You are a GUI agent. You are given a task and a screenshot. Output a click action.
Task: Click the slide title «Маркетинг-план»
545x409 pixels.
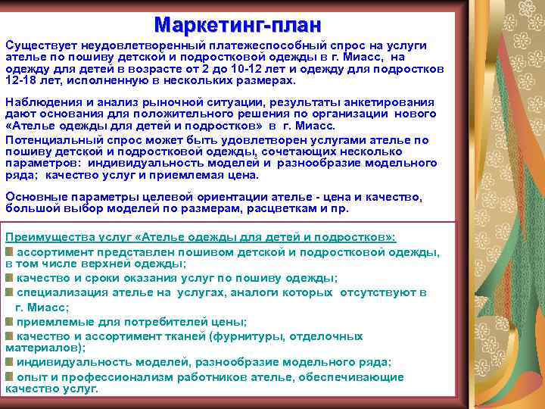pos(237,24)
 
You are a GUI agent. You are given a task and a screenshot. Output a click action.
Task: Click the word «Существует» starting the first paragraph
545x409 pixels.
pos(38,46)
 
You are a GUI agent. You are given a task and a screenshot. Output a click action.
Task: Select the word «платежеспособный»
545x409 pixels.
pos(249,46)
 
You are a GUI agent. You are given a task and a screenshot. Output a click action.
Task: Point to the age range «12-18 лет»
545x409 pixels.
pos(31,80)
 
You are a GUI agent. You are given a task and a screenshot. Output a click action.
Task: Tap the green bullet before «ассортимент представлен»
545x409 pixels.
pos(9,251)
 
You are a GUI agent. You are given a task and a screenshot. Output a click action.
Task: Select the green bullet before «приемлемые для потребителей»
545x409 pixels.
pos(9,321)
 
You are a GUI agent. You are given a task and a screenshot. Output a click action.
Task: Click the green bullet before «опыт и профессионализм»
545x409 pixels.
pos(9,376)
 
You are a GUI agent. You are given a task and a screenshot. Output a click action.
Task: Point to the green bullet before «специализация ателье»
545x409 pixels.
pos(9,292)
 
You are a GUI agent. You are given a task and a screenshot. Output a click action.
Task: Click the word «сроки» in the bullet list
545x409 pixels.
pos(97,279)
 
